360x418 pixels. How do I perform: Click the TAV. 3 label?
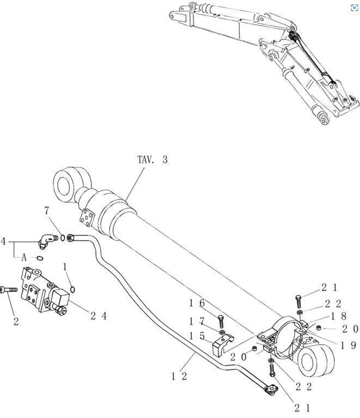tap(152, 160)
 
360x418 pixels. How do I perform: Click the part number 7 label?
tap(47, 210)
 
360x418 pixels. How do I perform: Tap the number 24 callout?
tap(99, 316)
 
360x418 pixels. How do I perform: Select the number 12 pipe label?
tap(179, 377)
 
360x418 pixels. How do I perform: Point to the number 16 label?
tap(197, 303)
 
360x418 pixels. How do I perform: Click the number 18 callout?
tap(338, 316)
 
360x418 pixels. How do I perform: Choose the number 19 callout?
tap(348, 345)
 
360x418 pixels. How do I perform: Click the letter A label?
tap(24, 258)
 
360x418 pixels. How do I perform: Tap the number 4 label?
tap(3, 241)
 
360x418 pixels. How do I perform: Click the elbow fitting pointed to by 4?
tap(47, 241)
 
